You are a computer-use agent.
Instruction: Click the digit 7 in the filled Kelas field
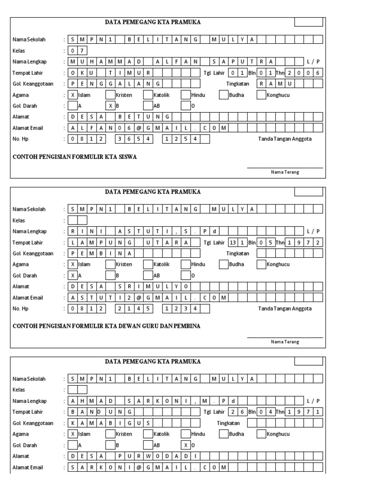pyautogui.click(x=82, y=50)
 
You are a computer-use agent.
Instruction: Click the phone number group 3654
pyautogui.click(x=135, y=139)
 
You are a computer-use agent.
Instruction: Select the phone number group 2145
pyautogui.click(x=135, y=309)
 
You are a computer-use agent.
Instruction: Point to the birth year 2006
pyautogui.click(x=304, y=73)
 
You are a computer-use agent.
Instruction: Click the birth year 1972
pyautogui.click(x=304, y=243)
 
